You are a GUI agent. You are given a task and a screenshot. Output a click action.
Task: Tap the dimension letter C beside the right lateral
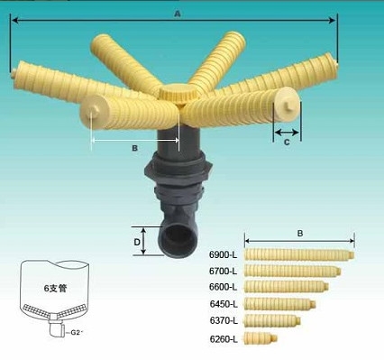coord(287,142)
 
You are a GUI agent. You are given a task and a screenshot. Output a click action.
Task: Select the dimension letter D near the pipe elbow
coord(138,242)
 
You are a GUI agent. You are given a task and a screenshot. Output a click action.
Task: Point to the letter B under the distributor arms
coord(133,147)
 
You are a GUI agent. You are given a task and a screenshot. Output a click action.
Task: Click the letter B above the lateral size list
coord(299,233)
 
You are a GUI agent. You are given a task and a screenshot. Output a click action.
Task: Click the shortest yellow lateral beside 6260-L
coord(261,338)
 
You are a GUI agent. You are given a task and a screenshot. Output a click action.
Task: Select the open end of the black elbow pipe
coord(175,241)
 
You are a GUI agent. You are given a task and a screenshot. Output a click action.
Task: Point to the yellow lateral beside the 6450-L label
coord(279,303)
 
